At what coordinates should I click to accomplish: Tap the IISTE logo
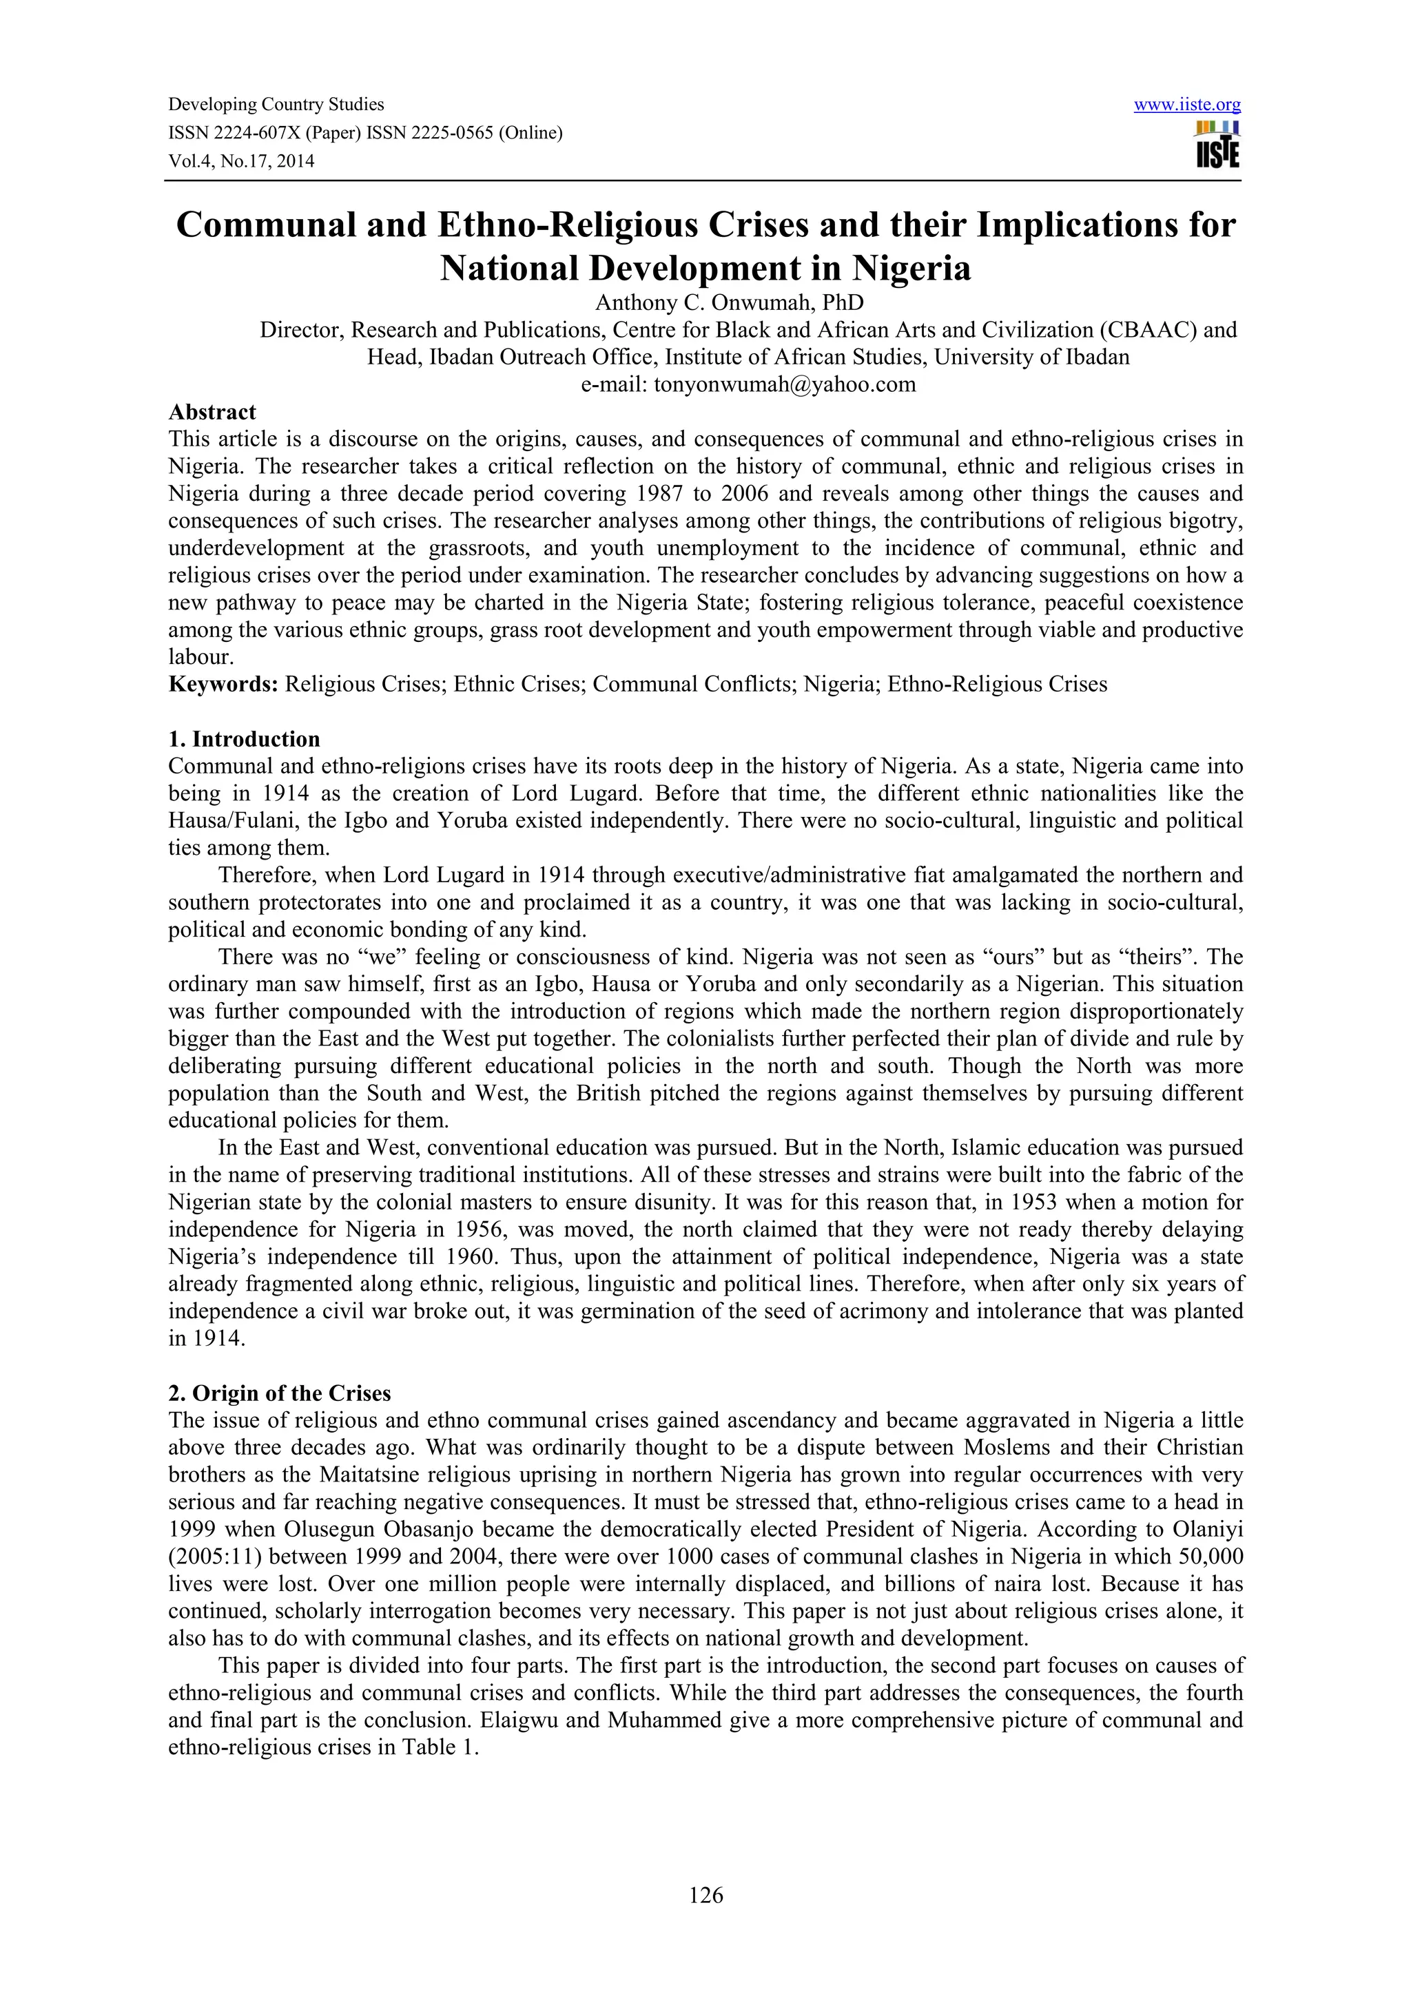click(1217, 145)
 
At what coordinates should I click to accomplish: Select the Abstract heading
click(212, 412)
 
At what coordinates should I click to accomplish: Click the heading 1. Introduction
click(245, 739)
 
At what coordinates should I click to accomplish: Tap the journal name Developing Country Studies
click(276, 105)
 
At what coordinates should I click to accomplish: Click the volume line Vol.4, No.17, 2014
click(241, 161)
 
